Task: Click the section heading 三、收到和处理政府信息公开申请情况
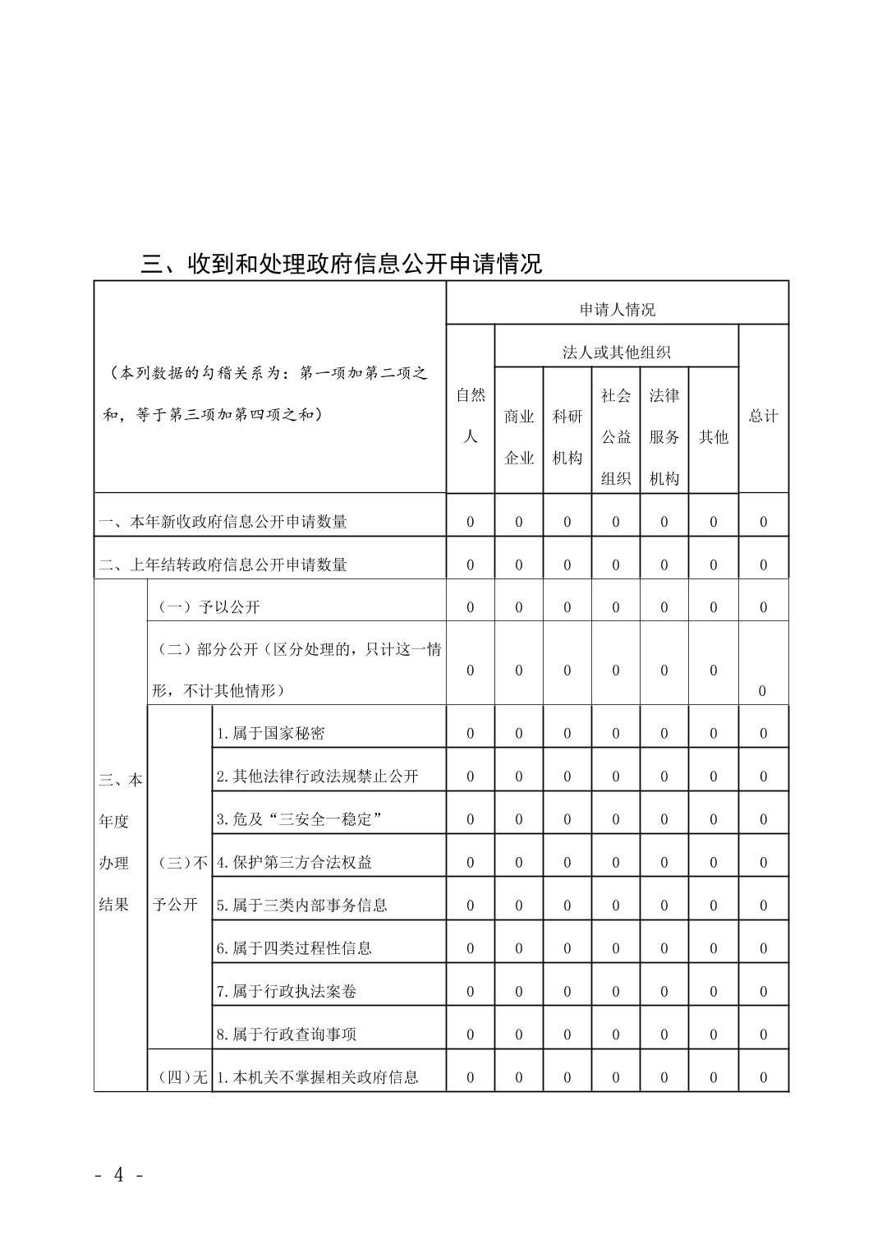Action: point(342,264)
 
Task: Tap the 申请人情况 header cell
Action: point(617,310)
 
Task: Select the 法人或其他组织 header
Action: point(617,353)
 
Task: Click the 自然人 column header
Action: point(471,416)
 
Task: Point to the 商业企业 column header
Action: point(519,437)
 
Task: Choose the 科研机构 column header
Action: point(567,437)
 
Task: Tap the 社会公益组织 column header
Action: point(616,437)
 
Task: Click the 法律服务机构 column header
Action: point(664,437)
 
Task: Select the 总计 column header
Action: point(763,416)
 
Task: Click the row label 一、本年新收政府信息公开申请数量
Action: point(223,522)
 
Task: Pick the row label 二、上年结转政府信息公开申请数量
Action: point(223,565)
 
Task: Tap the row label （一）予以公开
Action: point(209,607)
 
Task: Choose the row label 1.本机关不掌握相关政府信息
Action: point(318,1077)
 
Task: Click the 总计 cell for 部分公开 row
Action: point(762,690)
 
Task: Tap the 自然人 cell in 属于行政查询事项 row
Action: point(471,1035)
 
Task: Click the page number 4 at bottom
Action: point(119,1175)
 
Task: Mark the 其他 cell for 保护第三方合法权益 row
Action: point(713,862)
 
